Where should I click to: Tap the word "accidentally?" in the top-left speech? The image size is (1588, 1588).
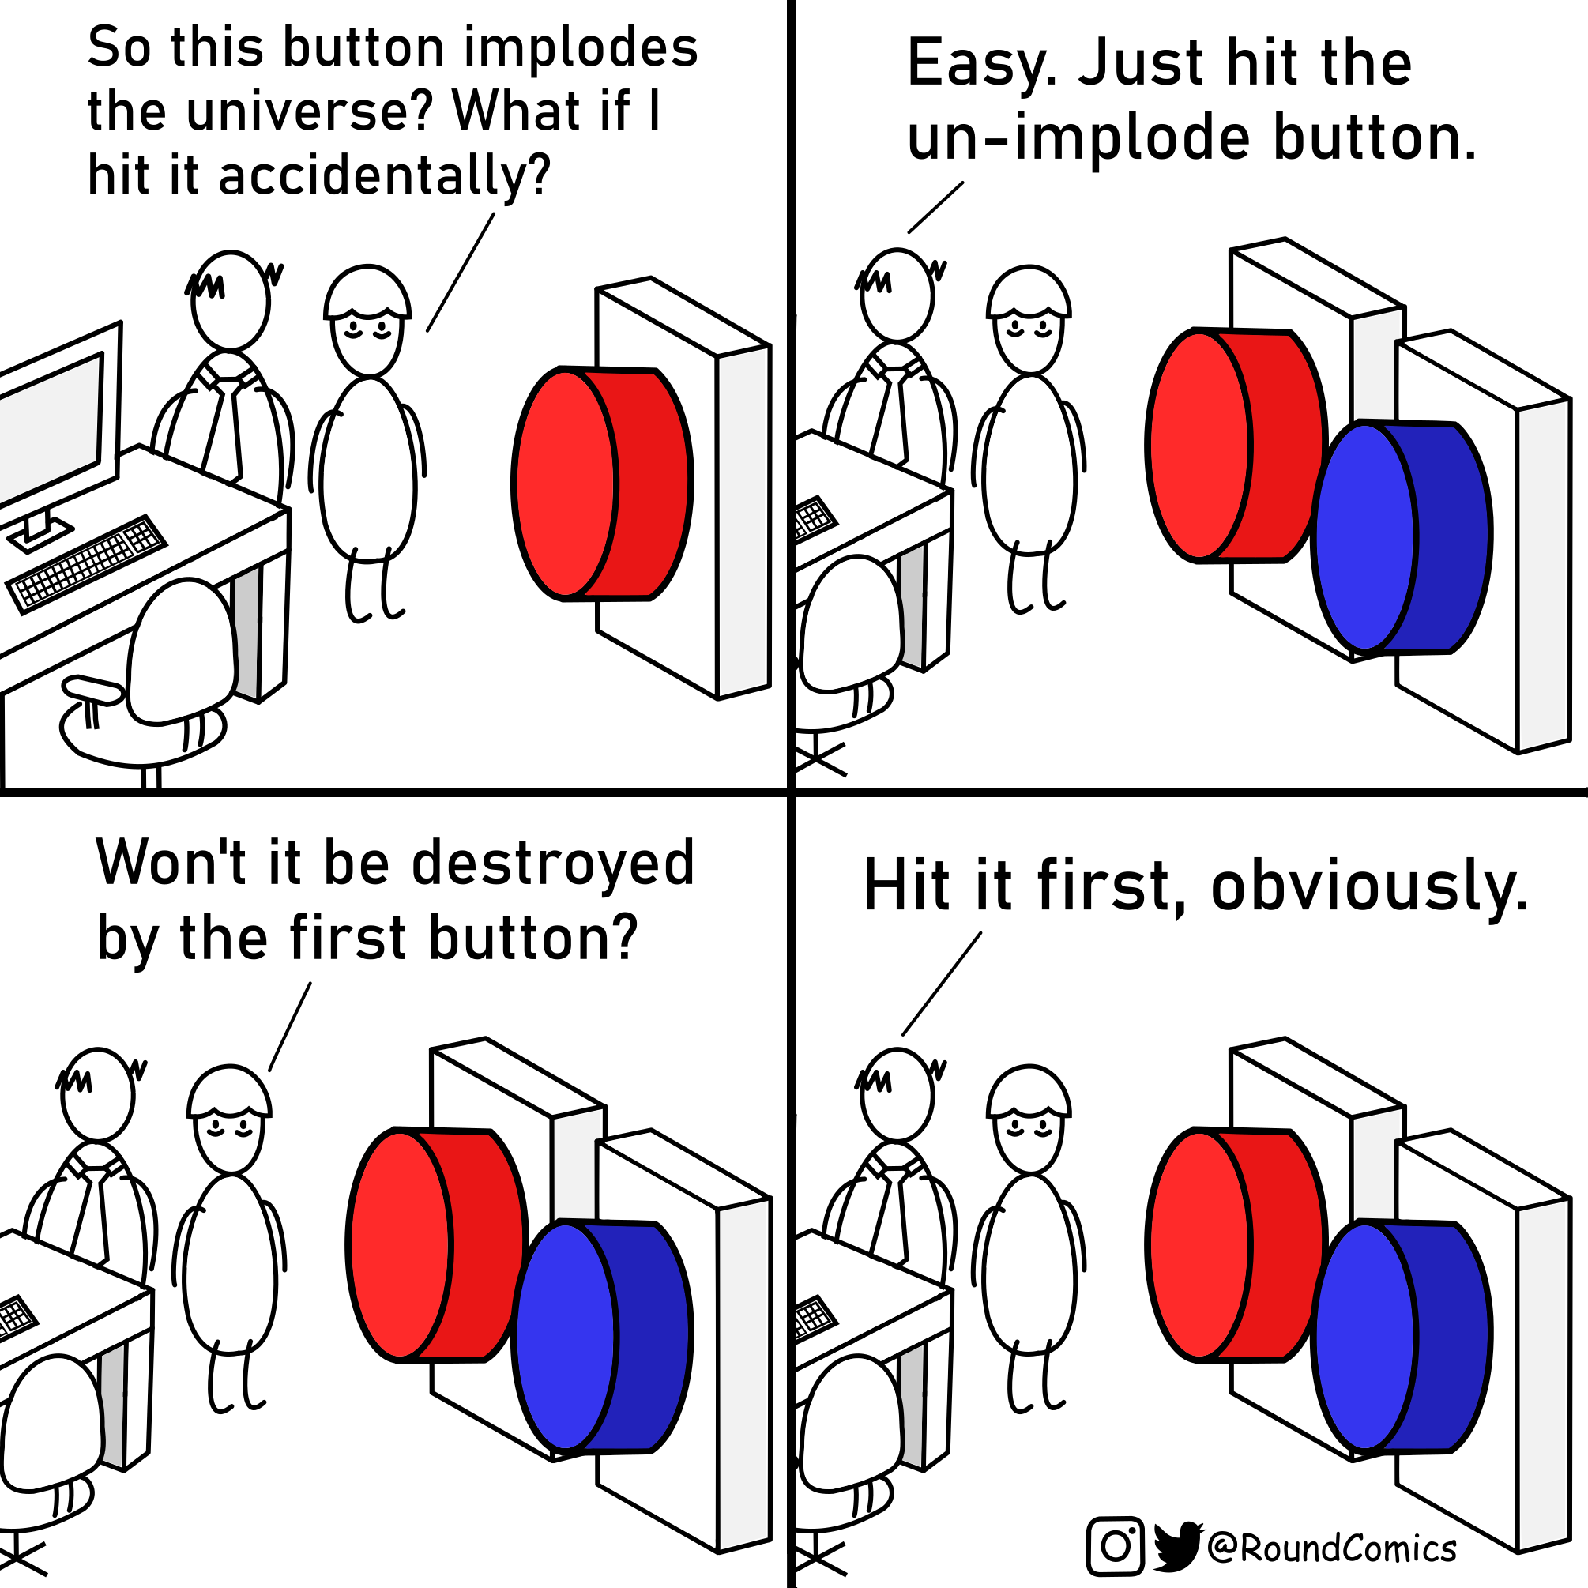point(385,177)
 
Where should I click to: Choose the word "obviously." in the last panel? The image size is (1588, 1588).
point(1368,886)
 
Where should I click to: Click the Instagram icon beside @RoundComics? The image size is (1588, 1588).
point(1116,1546)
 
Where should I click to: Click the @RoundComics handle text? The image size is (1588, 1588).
point(1332,1548)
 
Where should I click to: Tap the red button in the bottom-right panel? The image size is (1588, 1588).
point(1233,1244)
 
